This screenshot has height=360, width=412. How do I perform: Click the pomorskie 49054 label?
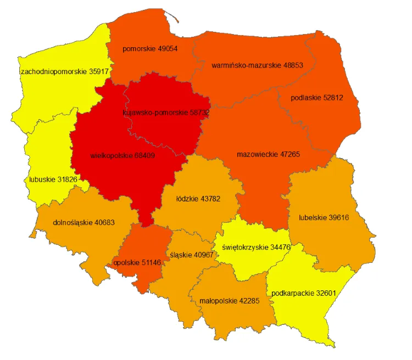[x=150, y=49]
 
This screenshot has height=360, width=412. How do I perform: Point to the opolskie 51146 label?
[x=137, y=263]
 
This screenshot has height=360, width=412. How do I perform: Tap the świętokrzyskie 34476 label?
[x=257, y=248]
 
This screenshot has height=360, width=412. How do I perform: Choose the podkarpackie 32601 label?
[x=304, y=293]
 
